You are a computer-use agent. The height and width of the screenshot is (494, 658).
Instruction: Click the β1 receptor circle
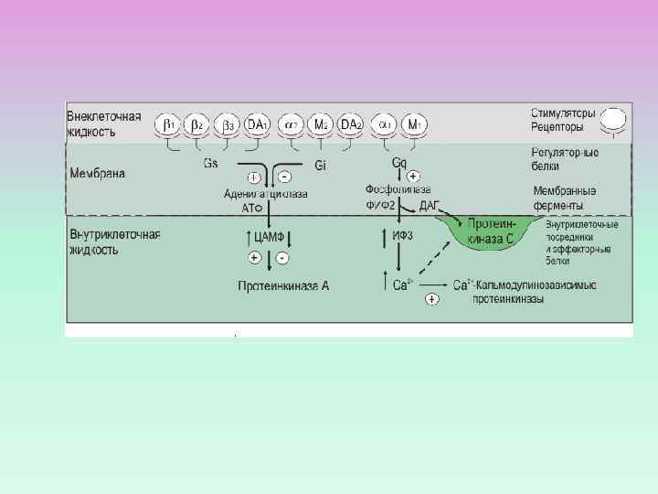point(169,123)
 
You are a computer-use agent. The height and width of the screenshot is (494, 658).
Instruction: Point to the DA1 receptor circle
point(257,123)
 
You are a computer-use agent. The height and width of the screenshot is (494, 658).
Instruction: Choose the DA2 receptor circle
point(351,123)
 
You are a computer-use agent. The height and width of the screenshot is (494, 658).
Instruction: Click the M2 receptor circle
point(321,123)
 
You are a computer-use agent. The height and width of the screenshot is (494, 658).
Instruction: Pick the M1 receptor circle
point(415,123)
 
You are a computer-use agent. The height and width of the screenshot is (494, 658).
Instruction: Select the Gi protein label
point(321,166)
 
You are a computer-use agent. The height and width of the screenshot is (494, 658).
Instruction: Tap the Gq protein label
point(399,163)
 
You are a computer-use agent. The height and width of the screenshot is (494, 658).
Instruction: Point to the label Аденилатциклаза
point(265,194)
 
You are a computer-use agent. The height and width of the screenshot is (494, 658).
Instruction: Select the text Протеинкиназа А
point(283,286)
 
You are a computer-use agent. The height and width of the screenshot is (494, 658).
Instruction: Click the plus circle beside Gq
point(413,176)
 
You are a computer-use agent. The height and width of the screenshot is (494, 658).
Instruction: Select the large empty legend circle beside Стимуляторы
point(613,119)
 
